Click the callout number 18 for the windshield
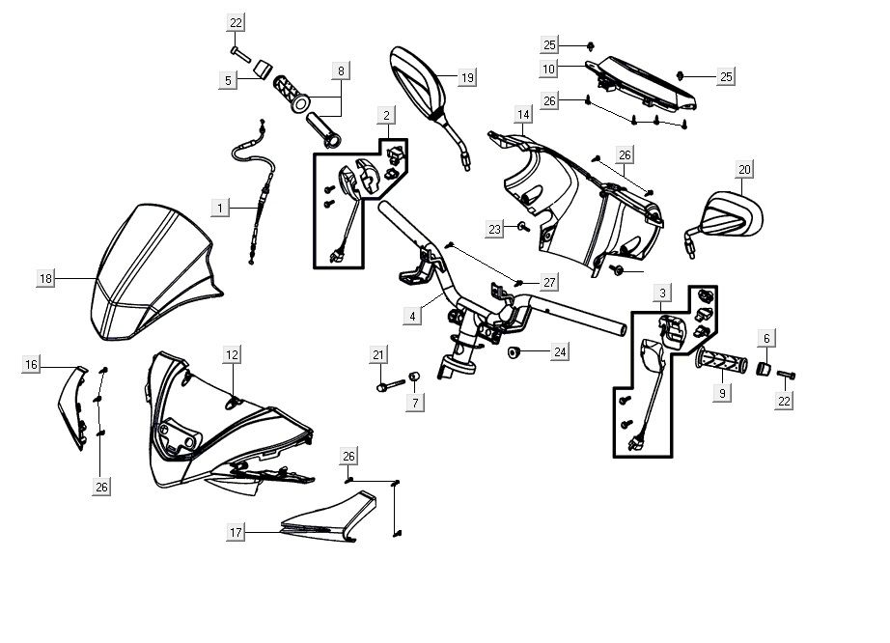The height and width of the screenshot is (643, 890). (x=45, y=278)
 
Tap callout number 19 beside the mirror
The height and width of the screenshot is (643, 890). (x=467, y=77)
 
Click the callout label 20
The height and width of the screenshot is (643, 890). (x=744, y=170)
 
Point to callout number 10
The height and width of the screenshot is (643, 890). (x=548, y=69)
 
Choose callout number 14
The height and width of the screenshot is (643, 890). (x=523, y=115)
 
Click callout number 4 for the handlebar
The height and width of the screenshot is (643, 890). (x=412, y=316)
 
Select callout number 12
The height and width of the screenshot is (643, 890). (x=232, y=355)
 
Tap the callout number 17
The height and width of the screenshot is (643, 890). (x=236, y=532)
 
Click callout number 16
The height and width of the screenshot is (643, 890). (x=32, y=364)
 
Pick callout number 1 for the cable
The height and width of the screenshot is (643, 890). (x=220, y=208)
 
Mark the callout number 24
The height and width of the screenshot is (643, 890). (x=560, y=352)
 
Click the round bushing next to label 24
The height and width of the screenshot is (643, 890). (x=515, y=350)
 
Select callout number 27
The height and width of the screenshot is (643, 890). (x=549, y=282)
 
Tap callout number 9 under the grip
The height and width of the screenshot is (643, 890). (x=722, y=393)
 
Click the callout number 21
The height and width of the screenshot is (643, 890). (x=378, y=356)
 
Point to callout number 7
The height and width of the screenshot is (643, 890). (x=415, y=402)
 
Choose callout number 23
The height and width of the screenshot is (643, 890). (x=495, y=229)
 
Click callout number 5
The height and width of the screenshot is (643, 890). (x=229, y=81)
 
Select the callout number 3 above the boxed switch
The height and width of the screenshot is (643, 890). (x=662, y=293)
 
